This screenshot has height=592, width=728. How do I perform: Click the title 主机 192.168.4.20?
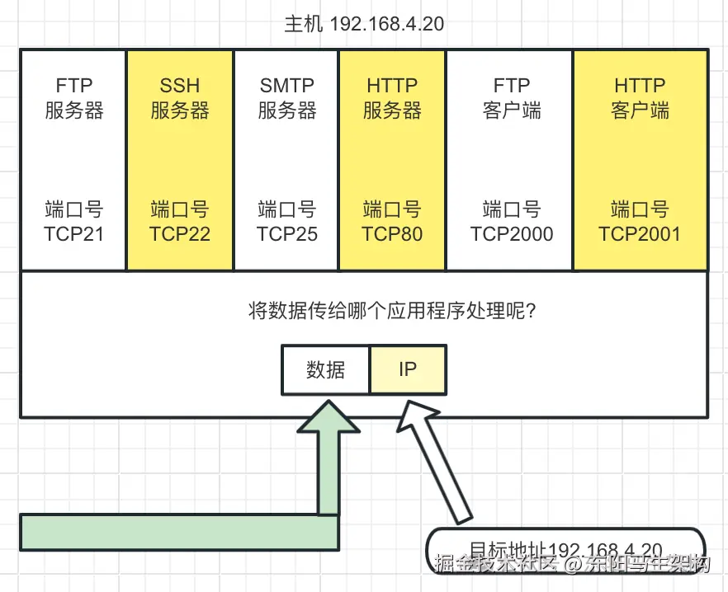(x=364, y=23)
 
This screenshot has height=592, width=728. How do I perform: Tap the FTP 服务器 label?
(x=74, y=98)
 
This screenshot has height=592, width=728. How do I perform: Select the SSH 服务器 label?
(x=180, y=98)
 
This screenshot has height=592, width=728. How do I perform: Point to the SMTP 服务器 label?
(x=286, y=98)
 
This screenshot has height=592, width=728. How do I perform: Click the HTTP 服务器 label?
(x=392, y=98)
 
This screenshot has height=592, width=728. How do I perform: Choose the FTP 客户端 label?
(x=512, y=98)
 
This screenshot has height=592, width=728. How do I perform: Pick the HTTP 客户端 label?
(x=640, y=98)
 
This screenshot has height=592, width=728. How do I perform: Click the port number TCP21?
(x=74, y=233)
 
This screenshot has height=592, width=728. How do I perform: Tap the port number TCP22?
(x=180, y=233)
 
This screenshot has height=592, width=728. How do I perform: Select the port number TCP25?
(x=286, y=233)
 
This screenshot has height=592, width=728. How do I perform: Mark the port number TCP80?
(x=392, y=233)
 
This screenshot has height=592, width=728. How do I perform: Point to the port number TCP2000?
(x=512, y=233)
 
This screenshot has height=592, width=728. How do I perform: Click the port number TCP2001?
(x=640, y=233)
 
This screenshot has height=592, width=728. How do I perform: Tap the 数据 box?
(x=325, y=369)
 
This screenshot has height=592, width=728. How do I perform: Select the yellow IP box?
(x=408, y=369)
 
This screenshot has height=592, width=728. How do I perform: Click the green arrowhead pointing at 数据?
(x=328, y=417)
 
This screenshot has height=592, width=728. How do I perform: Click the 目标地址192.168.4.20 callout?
(x=565, y=549)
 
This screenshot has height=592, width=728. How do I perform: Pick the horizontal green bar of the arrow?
(x=178, y=532)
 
